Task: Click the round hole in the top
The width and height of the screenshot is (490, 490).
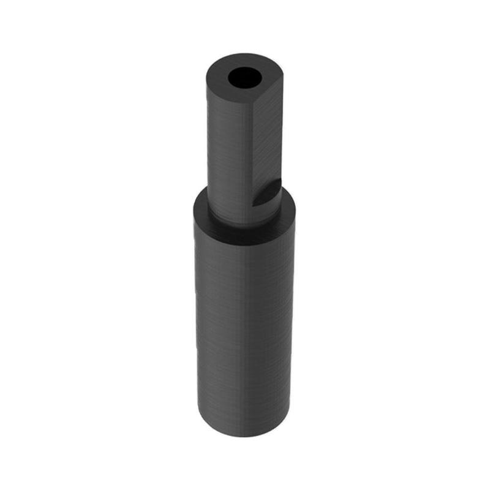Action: pos(244,78)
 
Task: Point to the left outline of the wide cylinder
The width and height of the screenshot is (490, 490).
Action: pos(195,318)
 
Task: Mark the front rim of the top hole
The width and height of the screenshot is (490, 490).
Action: pos(244,87)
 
